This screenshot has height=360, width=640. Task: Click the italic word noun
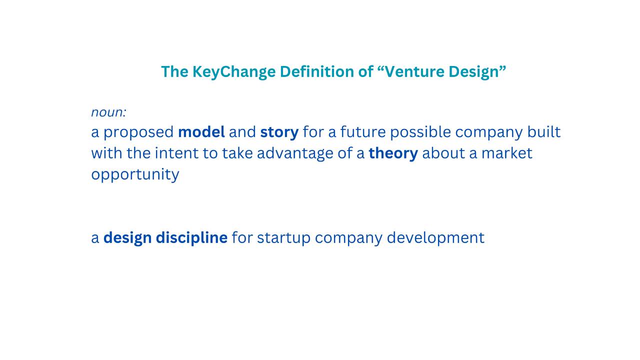click(x=107, y=112)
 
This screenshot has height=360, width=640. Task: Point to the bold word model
click(x=201, y=132)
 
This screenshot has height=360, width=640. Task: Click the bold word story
click(x=279, y=132)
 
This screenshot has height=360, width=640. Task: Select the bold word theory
click(x=393, y=153)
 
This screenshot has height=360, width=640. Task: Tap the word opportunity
click(x=135, y=174)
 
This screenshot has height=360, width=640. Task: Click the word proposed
click(x=138, y=132)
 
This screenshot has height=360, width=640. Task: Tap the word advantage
click(x=291, y=153)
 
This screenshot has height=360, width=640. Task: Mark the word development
click(x=435, y=237)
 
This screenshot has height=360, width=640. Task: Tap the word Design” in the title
click(x=477, y=71)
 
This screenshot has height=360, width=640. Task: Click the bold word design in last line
click(x=127, y=237)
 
